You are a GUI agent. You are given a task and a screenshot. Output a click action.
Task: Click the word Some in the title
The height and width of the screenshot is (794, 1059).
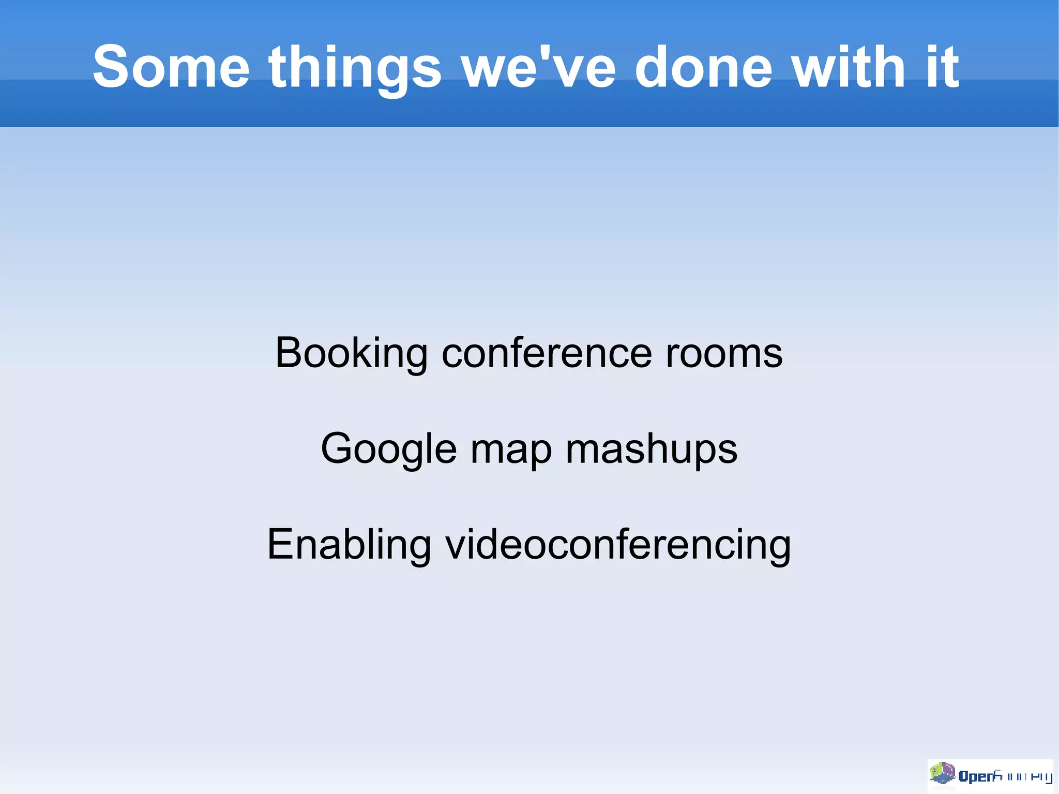pos(171,67)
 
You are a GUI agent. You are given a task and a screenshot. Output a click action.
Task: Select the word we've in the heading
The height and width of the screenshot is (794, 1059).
pos(539,67)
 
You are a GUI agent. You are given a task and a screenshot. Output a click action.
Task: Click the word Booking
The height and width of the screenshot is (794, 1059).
pos(351,354)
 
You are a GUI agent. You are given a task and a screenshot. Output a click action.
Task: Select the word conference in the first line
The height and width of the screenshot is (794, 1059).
pos(547,353)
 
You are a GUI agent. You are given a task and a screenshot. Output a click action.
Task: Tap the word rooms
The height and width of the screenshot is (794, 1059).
pos(724,354)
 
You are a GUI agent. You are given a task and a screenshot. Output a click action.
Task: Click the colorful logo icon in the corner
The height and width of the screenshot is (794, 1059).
pos(942,774)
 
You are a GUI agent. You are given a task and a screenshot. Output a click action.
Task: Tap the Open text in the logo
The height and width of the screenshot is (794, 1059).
pos(976,776)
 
